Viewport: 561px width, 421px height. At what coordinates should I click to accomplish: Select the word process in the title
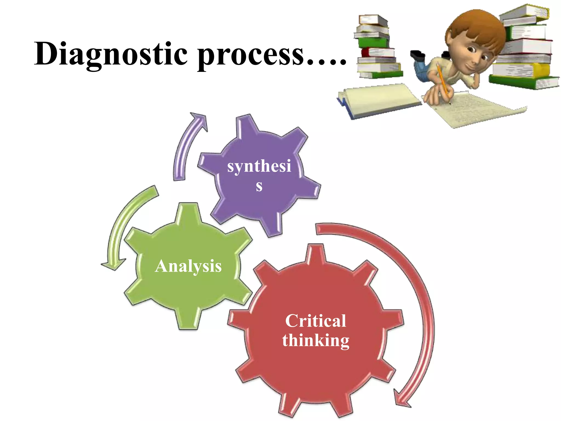pyautogui.click(x=251, y=55)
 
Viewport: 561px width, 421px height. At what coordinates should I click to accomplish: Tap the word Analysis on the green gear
pyautogui.click(x=188, y=266)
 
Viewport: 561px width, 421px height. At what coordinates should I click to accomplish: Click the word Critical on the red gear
pyautogui.click(x=316, y=321)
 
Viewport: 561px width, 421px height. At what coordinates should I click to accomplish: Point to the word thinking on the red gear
pyautogui.click(x=316, y=341)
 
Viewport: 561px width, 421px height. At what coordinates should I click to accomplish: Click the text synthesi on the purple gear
pyautogui.click(x=259, y=166)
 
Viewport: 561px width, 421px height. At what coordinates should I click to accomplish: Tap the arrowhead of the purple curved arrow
pyautogui.click(x=200, y=119)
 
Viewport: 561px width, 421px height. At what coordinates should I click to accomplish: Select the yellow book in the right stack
pyautogui.click(x=520, y=70)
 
